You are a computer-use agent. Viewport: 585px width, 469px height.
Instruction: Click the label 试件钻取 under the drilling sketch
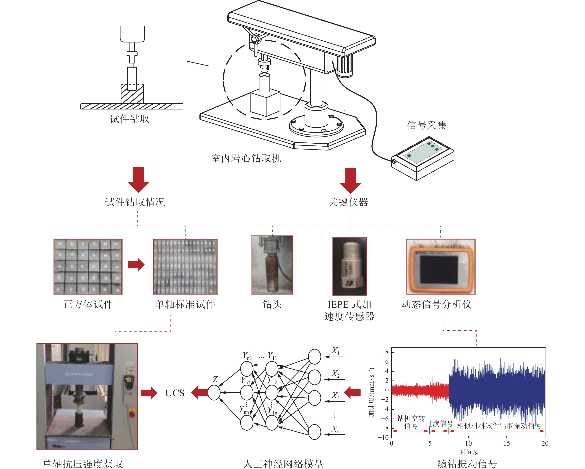tap(129, 119)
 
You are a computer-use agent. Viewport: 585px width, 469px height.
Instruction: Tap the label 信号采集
tap(427, 125)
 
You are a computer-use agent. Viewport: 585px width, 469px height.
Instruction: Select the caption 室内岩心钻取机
tap(246, 158)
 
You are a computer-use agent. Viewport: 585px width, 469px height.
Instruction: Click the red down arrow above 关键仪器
tap(351, 181)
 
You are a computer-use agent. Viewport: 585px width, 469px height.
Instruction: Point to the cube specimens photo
tap(88, 266)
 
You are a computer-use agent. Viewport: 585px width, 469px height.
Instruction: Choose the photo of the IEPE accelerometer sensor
tap(350, 266)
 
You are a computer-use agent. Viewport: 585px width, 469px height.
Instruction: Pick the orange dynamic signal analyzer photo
tap(440, 266)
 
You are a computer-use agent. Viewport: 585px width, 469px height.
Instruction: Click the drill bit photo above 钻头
tap(272, 265)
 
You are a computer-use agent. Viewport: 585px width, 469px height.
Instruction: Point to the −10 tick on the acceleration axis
tap(383, 437)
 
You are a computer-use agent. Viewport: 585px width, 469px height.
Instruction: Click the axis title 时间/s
tap(468, 452)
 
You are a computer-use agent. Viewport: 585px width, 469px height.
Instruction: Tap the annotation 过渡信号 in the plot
tap(439, 424)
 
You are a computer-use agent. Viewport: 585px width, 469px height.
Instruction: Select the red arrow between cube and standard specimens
tap(136, 265)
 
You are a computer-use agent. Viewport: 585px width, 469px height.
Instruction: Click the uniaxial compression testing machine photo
tap(87, 396)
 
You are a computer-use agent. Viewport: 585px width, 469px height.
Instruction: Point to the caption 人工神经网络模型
tap(283, 464)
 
